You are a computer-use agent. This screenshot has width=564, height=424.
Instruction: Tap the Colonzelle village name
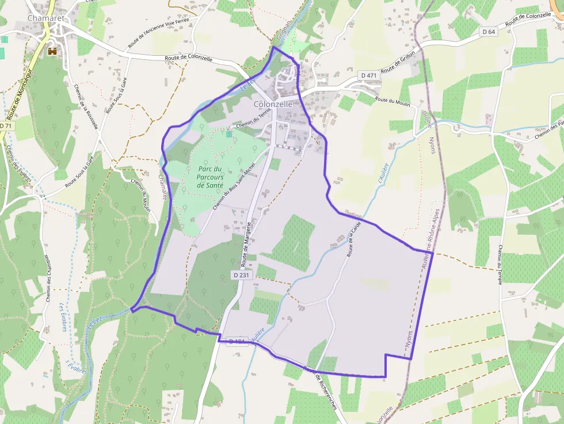(x=273, y=104)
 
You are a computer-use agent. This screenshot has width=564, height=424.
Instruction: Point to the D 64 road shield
(x=489, y=32)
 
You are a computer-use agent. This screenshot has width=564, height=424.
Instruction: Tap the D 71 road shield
(x=6, y=126)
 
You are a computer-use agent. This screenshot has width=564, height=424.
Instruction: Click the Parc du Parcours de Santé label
(x=209, y=177)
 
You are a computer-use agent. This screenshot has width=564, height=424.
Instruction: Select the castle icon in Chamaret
(x=53, y=51)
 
